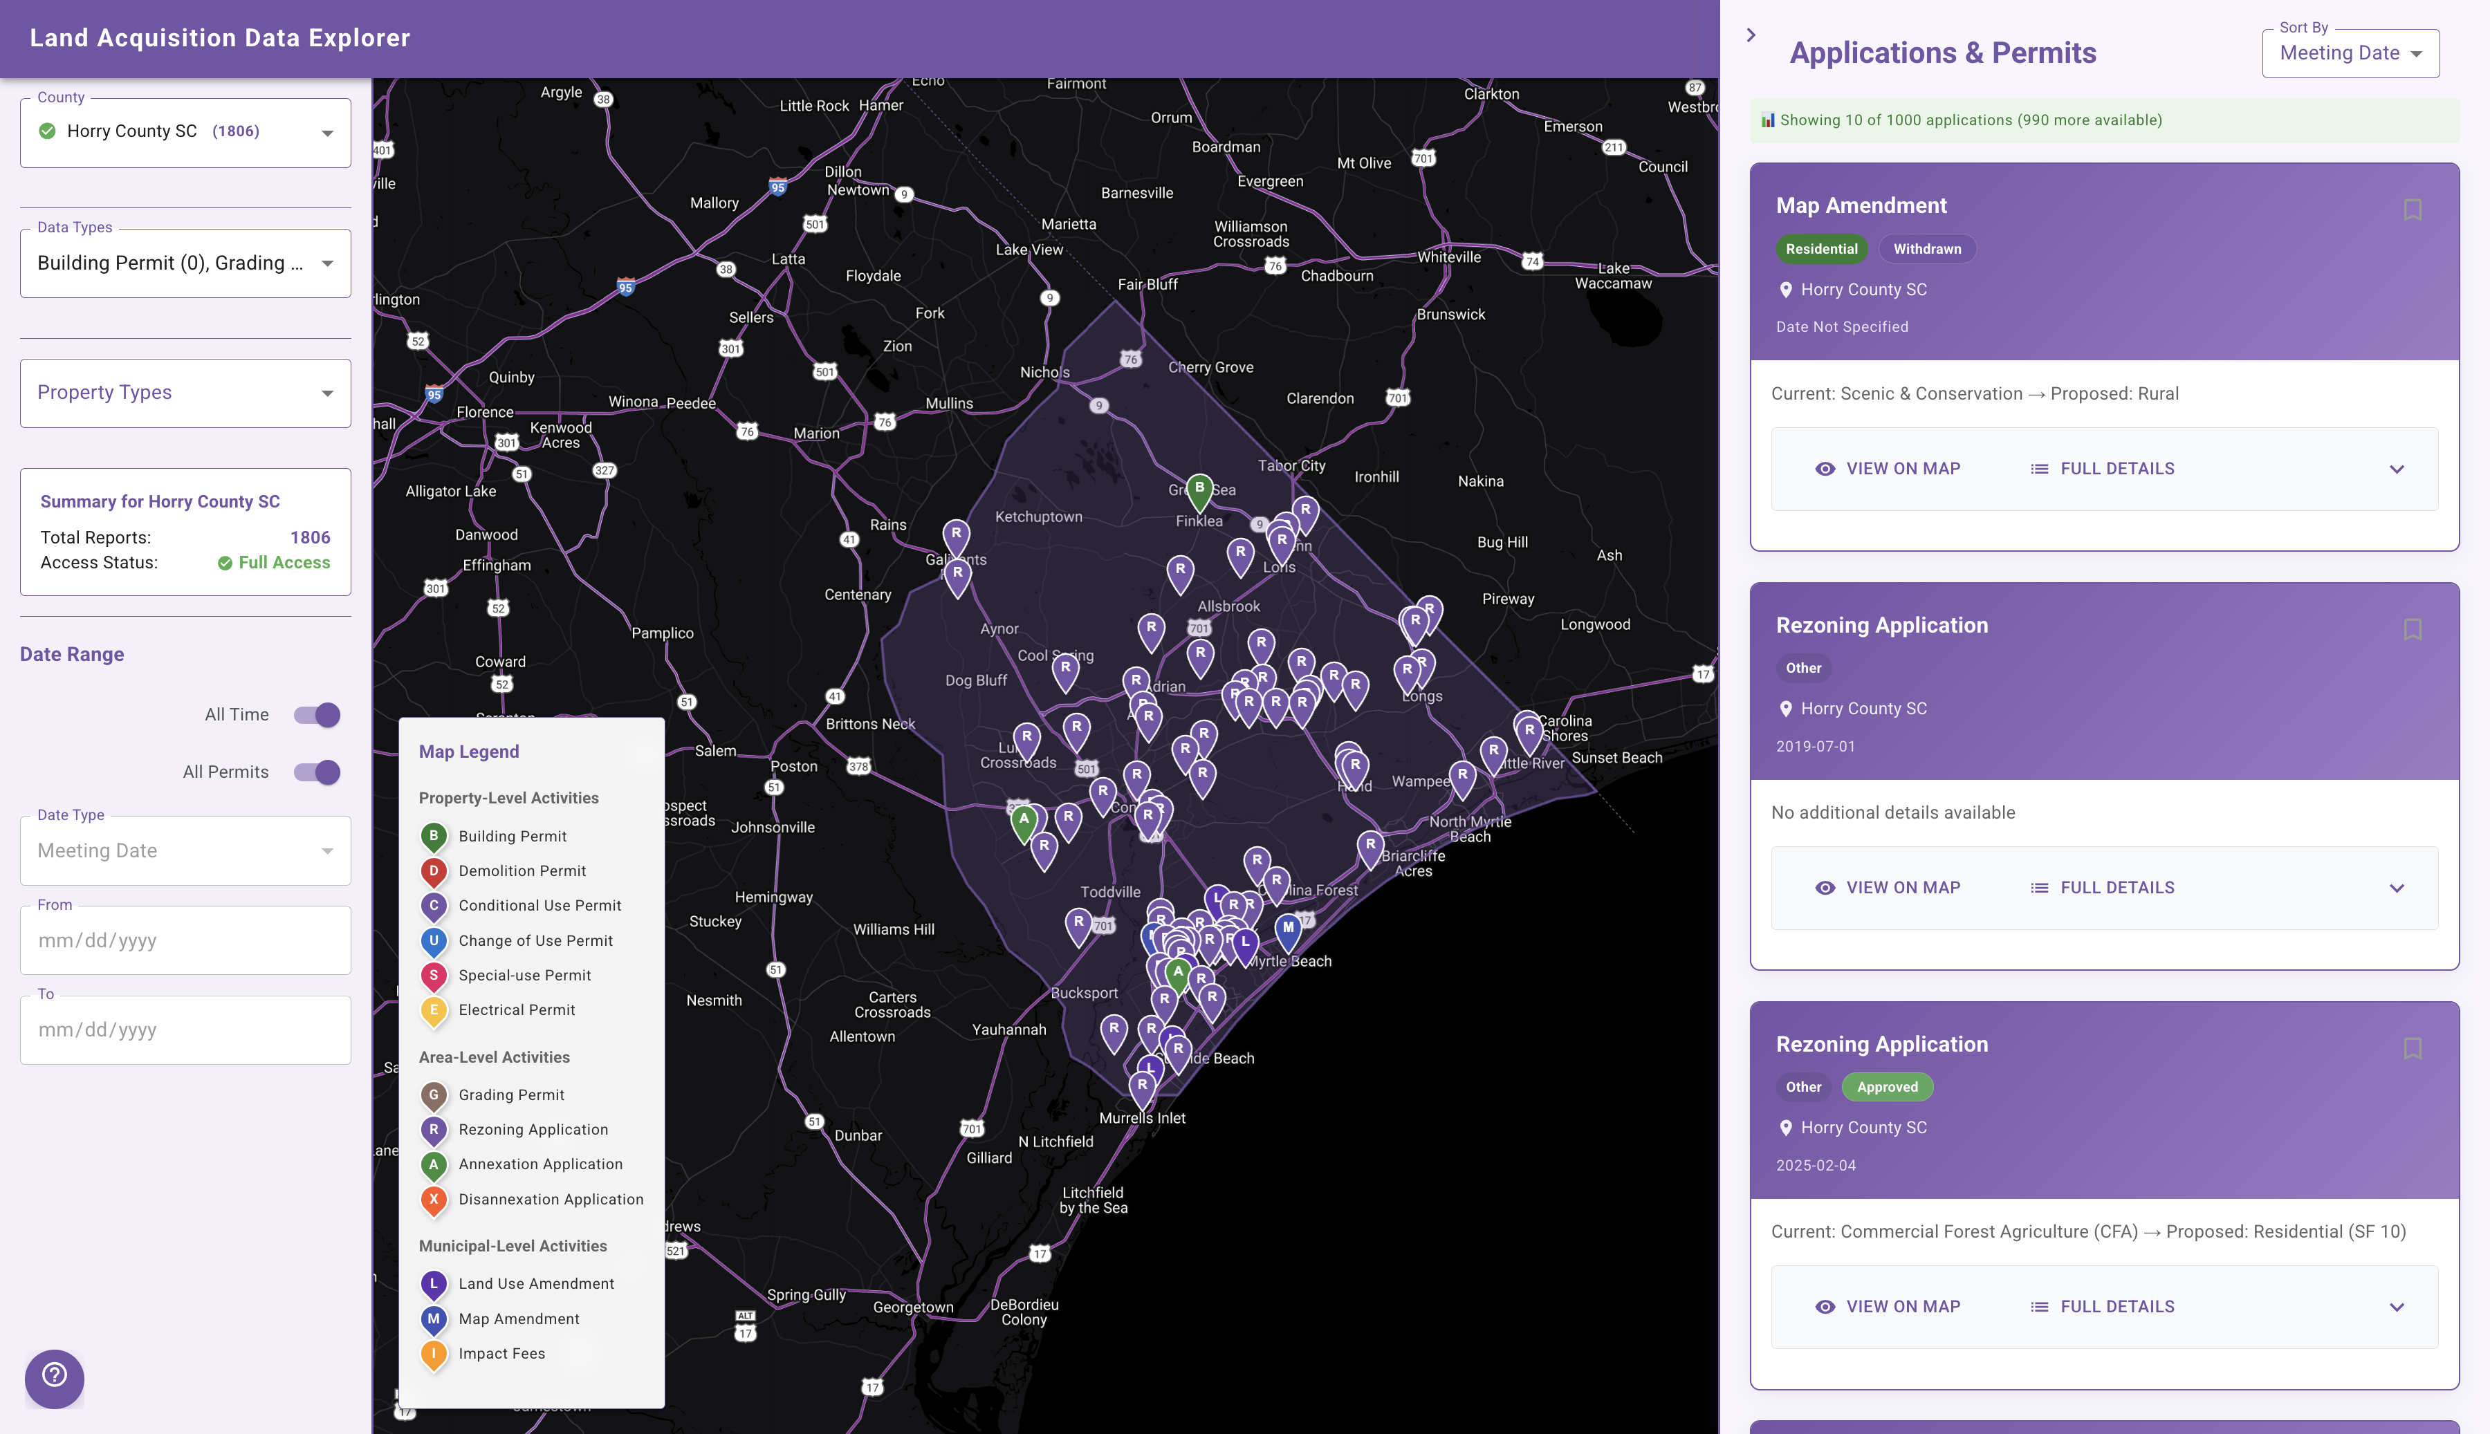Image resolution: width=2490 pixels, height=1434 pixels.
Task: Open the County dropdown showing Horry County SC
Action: (x=185, y=132)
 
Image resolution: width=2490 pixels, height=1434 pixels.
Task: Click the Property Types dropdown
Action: (x=185, y=393)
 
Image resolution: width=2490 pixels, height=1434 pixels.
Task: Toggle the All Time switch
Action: (x=317, y=715)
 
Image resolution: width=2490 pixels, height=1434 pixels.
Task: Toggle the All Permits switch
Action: (x=317, y=772)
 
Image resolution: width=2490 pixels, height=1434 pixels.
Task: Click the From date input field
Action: (x=185, y=940)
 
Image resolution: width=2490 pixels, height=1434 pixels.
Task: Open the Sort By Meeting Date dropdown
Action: (x=2350, y=53)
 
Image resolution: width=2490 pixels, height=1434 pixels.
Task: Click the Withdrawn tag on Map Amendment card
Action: (x=1926, y=249)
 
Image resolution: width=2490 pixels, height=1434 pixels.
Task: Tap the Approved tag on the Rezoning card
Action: (x=1887, y=1088)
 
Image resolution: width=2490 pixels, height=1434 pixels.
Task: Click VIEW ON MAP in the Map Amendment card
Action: (x=1888, y=469)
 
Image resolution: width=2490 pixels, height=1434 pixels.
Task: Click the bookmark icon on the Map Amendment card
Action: (x=2413, y=209)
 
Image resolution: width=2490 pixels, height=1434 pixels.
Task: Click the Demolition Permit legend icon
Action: (x=434, y=870)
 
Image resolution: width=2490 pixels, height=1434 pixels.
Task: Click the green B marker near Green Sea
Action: (x=1199, y=489)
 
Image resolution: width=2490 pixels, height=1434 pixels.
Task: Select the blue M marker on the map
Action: (x=1287, y=928)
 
